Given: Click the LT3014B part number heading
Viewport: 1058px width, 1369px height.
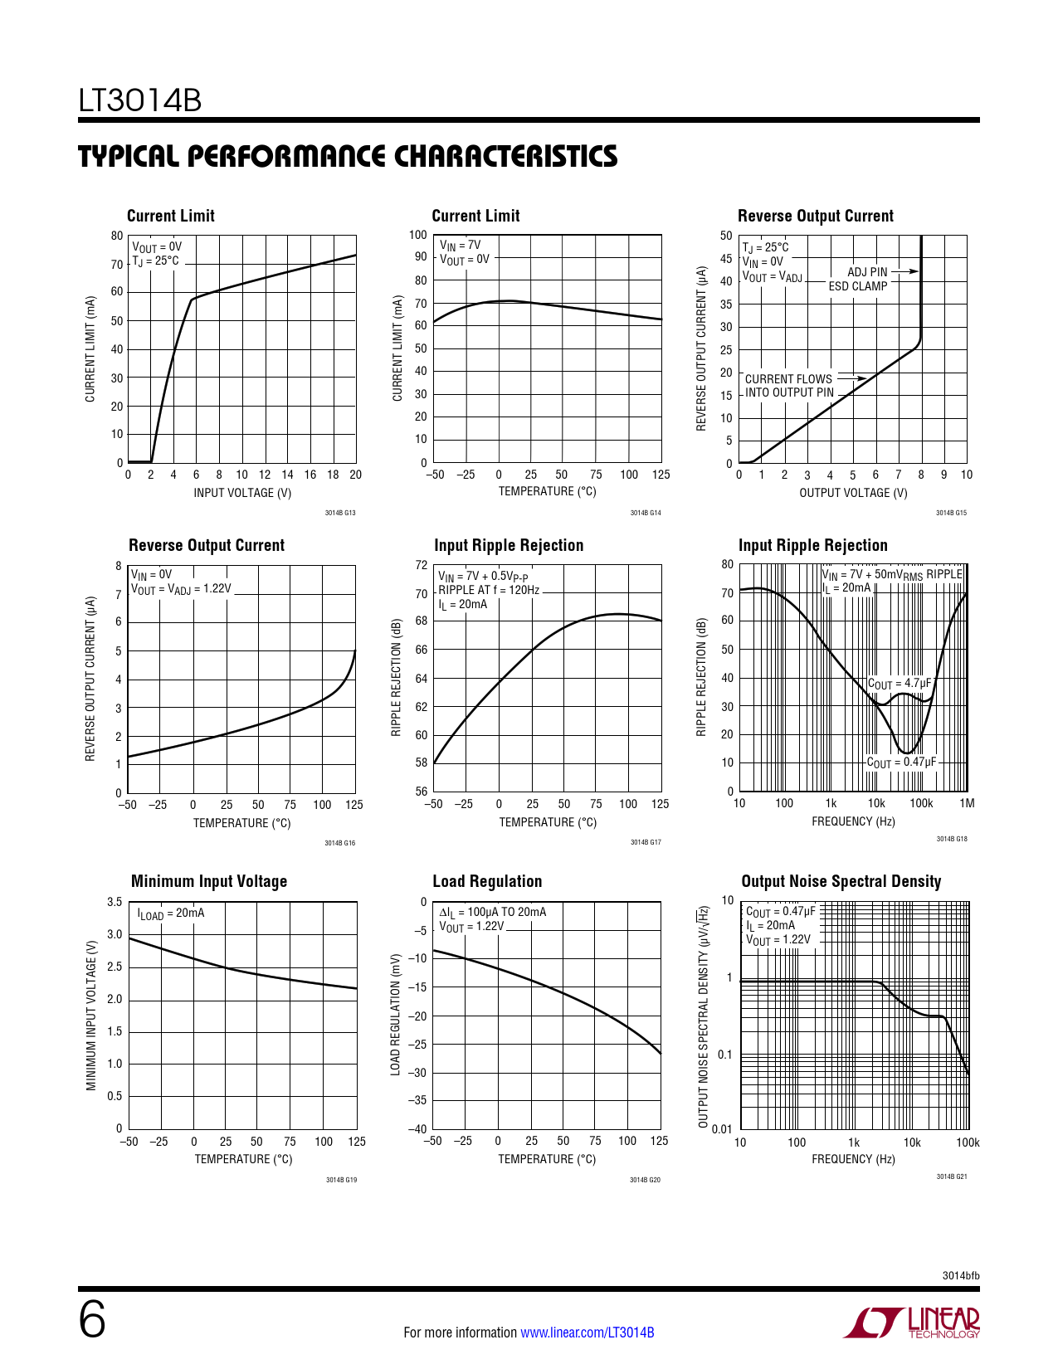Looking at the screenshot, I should pos(140,100).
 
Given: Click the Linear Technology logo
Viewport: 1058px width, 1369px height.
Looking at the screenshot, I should pos(912,1323).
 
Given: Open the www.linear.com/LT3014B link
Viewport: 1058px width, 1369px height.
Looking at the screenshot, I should pos(587,1332).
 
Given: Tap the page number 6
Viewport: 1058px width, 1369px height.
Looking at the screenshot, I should pos(92,1320).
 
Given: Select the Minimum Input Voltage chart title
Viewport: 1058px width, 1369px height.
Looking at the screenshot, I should pos(209,881).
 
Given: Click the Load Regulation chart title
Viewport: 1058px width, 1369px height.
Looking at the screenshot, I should pos(487,881).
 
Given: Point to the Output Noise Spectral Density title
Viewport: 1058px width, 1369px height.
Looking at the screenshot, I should pos(841,881).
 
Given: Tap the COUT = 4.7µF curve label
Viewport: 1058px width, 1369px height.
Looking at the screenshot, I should pos(899,684).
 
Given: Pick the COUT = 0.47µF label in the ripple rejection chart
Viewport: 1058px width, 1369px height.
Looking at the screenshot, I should pos(901,762).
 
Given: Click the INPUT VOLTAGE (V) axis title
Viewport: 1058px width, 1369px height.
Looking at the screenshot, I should pos(242,493).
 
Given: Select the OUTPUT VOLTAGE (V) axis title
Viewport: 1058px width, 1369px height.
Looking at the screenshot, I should pos(853,493).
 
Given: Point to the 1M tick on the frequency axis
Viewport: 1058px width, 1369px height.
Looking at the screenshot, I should pos(967,803).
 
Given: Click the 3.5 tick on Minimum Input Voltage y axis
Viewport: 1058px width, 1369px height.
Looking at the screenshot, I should pos(115,902).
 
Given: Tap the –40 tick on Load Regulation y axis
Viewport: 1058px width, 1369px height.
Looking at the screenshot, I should pos(417,1128).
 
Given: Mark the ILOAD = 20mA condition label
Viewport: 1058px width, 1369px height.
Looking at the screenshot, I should pos(171,913).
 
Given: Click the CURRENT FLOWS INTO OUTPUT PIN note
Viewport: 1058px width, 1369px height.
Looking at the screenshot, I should pos(789,386).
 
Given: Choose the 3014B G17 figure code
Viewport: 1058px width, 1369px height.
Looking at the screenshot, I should pos(646,842).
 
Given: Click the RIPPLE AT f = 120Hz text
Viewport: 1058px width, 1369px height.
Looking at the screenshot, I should pos(489,590).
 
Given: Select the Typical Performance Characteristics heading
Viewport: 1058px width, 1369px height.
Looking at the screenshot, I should pos(348,157).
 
